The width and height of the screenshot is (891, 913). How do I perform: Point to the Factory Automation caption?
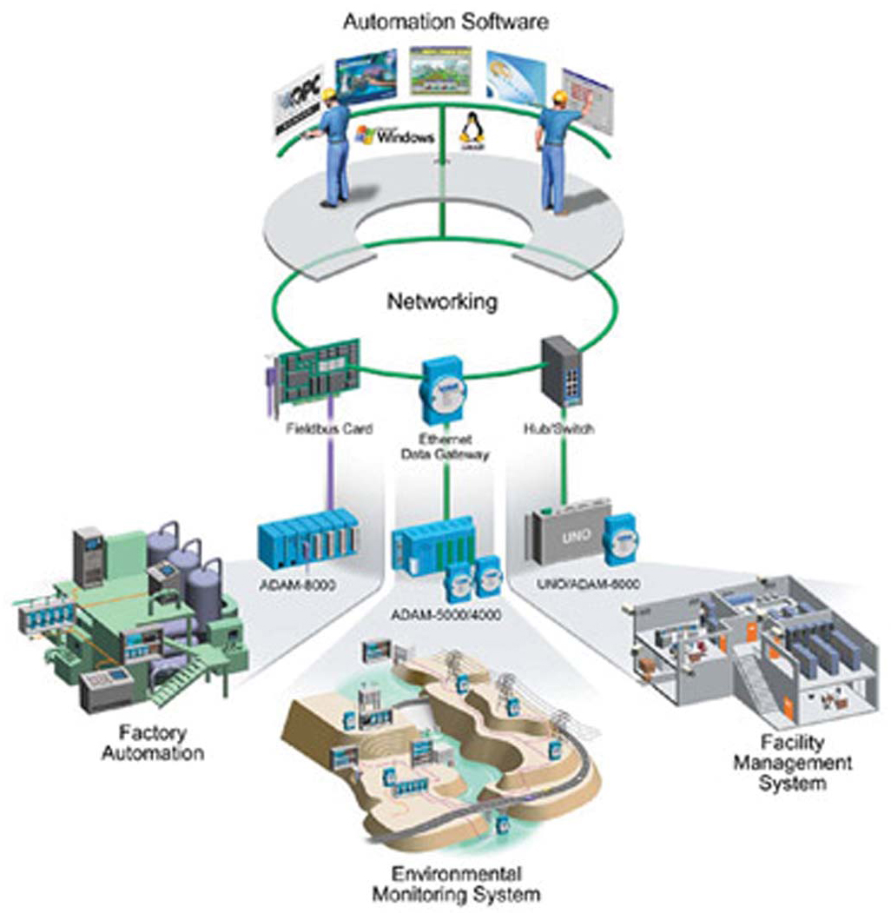[153, 742]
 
